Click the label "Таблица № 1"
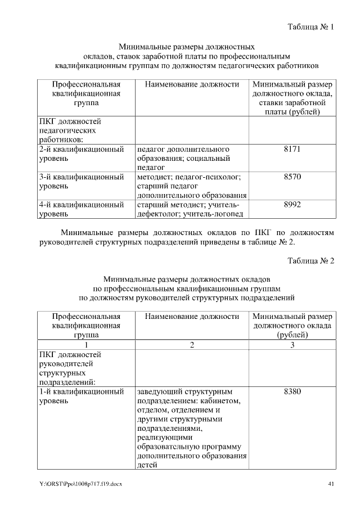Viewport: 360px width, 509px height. point(311,26)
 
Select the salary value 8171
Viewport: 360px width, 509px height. point(292,150)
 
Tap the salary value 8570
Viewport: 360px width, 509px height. point(292,177)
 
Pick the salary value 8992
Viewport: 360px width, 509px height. point(292,205)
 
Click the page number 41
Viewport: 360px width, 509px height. point(331,484)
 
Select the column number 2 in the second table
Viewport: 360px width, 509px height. point(192,345)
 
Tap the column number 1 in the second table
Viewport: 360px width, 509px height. point(86,345)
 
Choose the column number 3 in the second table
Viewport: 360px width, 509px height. point(292,345)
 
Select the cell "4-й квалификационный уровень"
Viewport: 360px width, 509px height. point(82,209)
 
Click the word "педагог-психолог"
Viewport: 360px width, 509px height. point(211,177)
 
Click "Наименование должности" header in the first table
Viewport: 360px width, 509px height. point(192,84)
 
